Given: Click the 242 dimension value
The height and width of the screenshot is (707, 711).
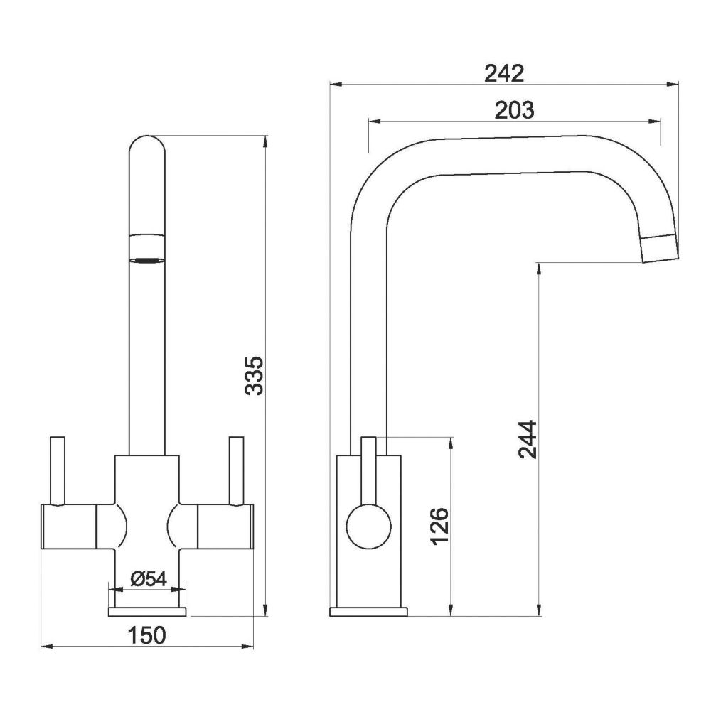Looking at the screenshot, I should [503, 72].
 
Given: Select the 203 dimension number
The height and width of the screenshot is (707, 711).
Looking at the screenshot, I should [513, 110].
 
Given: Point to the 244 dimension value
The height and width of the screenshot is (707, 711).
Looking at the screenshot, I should [527, 439].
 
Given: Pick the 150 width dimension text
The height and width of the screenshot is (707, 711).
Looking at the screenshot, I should [147, 635].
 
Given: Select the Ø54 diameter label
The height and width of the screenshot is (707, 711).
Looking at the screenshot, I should [149, 579].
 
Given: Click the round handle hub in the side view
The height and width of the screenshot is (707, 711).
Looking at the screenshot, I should [368, 526].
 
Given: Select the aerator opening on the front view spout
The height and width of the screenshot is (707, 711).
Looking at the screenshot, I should [148, 260].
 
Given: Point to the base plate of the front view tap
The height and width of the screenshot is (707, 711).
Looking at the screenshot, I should [147, 611].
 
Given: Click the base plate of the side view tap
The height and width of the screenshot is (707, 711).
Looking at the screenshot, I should [369, 611].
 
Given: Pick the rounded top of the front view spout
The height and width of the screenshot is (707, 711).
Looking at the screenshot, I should [148, 149].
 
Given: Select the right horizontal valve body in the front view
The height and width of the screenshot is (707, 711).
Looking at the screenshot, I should [224, 527].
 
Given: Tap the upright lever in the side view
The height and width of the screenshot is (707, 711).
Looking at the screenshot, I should [368, 469].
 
